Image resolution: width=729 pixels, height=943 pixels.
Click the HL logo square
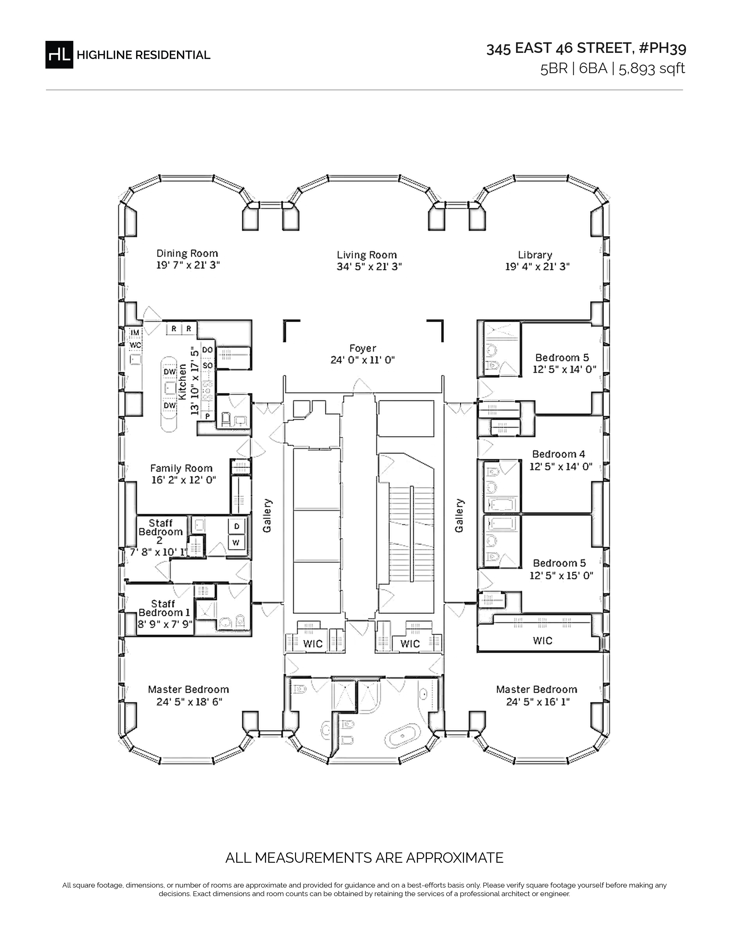(x=59, y=54)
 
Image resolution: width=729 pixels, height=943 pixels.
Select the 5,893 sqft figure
(x=652, y=69)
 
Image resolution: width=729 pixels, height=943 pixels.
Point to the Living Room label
(x=367, y=255)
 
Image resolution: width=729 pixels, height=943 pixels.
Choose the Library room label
(x=535, y=255)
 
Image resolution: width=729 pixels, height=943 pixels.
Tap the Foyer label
(x=363, y=348)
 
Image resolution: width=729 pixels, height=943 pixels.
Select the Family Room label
(x=181, y=468)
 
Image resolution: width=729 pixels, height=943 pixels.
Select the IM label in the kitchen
(x=135, y=332)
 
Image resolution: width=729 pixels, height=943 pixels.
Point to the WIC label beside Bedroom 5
(x=542, y=640)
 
